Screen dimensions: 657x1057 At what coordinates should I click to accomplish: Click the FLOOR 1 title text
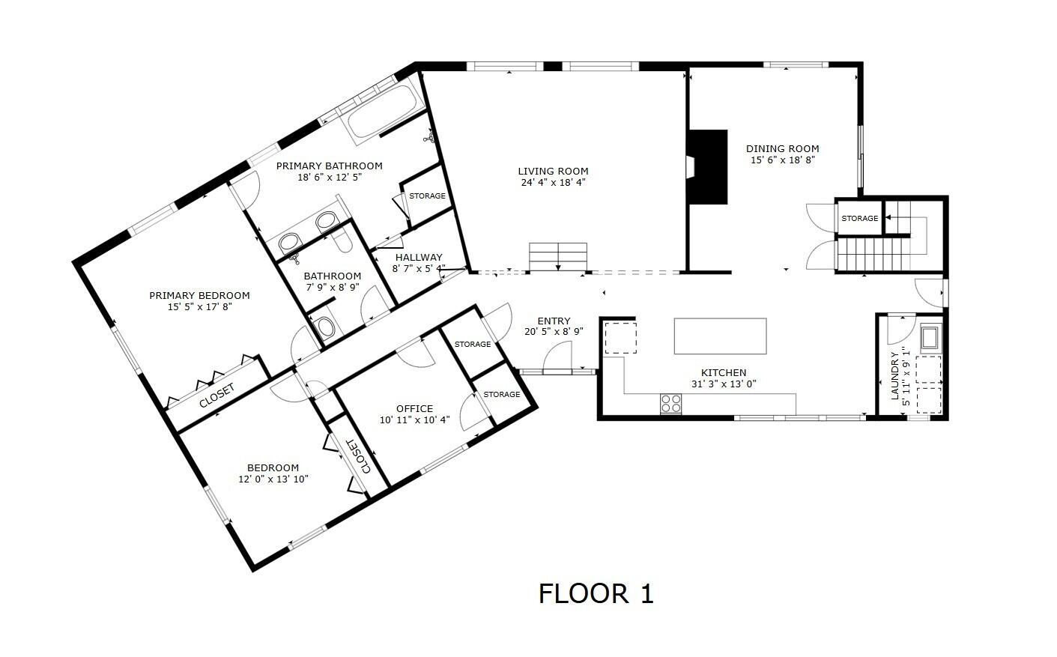click(x=596, y=593)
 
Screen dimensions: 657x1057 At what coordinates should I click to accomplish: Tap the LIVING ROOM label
click(x=553, y=171)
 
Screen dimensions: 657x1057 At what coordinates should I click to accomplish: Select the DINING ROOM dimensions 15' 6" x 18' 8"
click(x=782, y=160)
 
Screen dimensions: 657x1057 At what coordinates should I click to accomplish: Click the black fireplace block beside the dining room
click(x=709, y=167)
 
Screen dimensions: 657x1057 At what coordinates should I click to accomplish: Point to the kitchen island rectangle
click(x=720, y=336)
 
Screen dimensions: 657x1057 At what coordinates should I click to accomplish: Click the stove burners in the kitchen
click(x=670, y=404)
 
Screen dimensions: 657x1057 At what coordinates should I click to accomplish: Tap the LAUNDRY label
click(x=894, y=375)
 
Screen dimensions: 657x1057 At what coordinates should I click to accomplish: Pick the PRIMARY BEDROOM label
click(x=199, y=295)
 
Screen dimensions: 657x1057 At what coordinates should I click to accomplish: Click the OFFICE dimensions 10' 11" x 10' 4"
click(x=414, y=420)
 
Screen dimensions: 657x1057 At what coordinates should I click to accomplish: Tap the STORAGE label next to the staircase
click(x=859, y=218)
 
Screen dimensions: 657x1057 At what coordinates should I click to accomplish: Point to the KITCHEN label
click(x=723, y=372)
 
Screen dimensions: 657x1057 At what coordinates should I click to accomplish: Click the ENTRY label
click(x=554, y=321)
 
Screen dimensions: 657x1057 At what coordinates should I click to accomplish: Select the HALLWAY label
click(x=419, y=257)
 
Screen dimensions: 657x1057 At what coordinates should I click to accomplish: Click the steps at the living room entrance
click(x=558, y=256)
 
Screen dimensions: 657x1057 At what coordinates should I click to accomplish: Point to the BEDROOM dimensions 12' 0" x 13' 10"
click(x=273, y=479)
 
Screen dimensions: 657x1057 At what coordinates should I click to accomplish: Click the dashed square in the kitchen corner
click(x=620, y=337)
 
